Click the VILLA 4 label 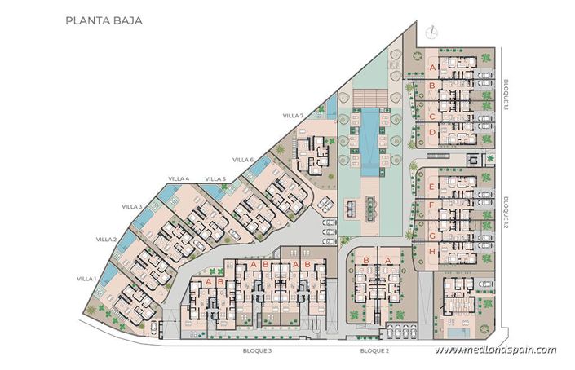pyautogui.click(x=179, y=179)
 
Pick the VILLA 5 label pyautogui.click(x=215, y=179)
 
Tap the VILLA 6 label pyautogui.click(x=242, y=160)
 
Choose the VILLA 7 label pyautogui.click(x=293, y=116)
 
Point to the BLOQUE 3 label pyautogui.click(x=257, y=350)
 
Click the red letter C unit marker pyautogui.click(x=431, y=117)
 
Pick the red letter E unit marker pyautogui.click(x=431, y=187)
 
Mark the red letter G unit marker pyautogui.click(x=431, y=236)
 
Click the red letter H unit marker pyautogui.click(x=431, y=251)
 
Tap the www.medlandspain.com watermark pyautogui.click(x=495, y=350)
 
